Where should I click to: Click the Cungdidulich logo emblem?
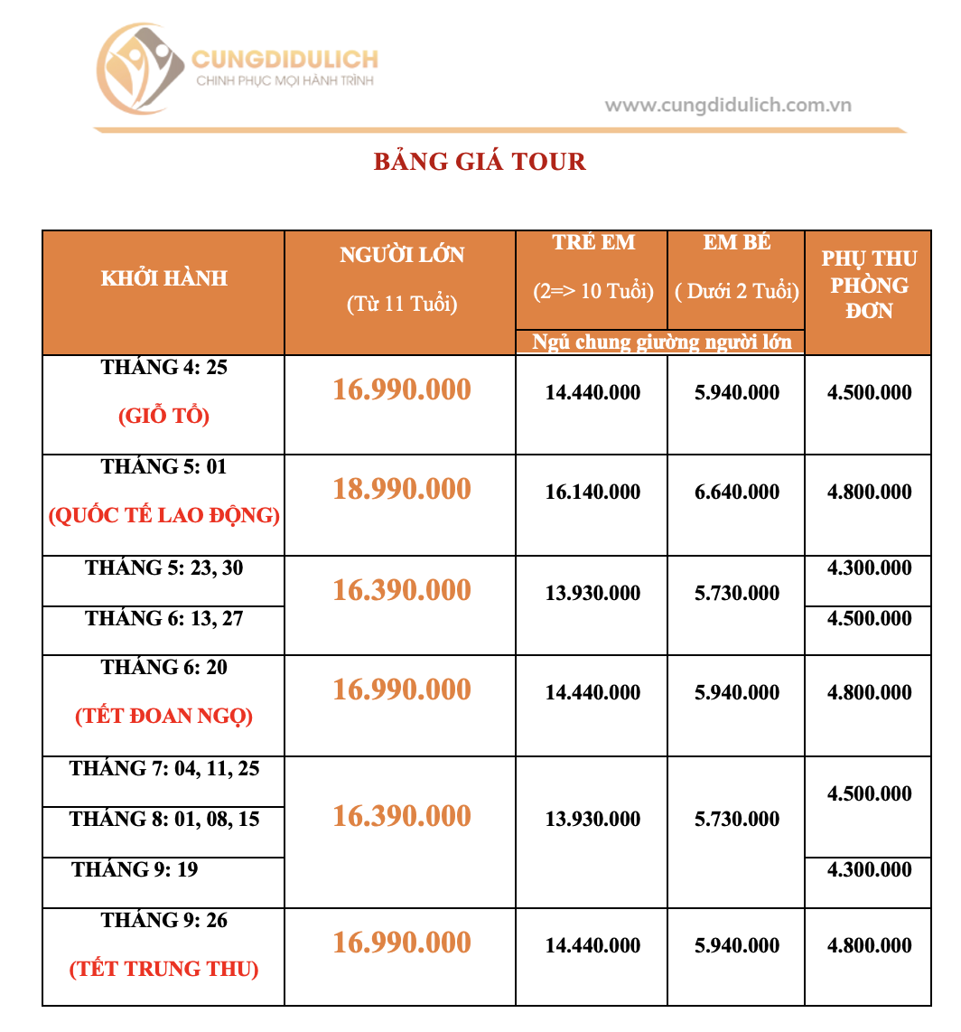[140, 72]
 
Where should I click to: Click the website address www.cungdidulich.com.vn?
[728, 105]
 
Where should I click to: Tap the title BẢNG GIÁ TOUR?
[480, 162]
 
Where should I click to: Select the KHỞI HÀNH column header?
[163, 278]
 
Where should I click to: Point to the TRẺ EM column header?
[592, 243]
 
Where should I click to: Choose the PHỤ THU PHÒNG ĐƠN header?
[868, 285]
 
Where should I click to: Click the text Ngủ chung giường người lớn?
[661, 342]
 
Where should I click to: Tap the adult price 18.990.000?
[402, 489]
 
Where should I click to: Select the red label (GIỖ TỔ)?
[163, 417]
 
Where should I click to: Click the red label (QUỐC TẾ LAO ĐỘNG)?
[163, 516]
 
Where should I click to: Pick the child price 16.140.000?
[592, 493]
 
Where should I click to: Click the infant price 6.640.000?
[736, 493]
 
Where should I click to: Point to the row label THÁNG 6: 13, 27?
[163, 619]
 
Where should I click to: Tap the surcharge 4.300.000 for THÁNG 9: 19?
[868, 870]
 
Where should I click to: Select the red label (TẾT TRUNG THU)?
[163, 970]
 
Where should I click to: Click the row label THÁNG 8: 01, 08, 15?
[163, 820]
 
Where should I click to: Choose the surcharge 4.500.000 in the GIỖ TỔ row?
[868, 393]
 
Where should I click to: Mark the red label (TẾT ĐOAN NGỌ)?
[163, 717]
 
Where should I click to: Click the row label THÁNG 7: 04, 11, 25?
[163, 769]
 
